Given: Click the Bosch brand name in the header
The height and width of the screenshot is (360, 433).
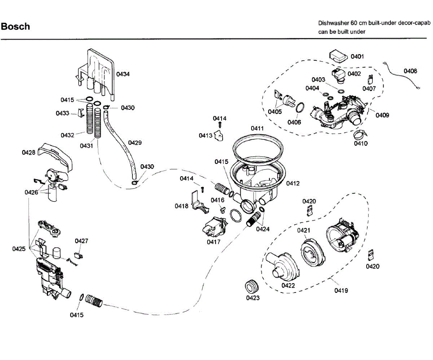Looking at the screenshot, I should (x=16, y=27).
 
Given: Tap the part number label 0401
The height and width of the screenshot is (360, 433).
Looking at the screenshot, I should (x=357, y=57).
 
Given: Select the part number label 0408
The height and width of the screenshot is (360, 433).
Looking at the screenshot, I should (x=410, y=71).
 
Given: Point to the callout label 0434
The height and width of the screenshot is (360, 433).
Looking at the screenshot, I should (x=123, y=74).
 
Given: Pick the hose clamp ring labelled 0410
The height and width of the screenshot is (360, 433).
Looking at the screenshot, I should (x=360, y=134).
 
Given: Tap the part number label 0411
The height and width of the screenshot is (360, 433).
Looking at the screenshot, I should (x=257, y=129).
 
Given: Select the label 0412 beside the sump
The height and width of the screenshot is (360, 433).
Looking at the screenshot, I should (x=293, y=183).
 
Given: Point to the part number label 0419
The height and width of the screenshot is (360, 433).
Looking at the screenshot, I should (x=341, y=290).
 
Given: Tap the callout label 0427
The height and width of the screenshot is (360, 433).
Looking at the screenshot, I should (x=82, y=241).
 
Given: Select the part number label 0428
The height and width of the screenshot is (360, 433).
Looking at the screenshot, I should (x=29, y=153).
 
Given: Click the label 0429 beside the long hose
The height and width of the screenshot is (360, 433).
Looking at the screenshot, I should (x=135, y=143).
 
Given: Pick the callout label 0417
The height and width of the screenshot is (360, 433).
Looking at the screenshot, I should (x=214, y=242).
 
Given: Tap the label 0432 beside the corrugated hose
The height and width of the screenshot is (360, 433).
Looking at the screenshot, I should (x=67, y=135).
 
